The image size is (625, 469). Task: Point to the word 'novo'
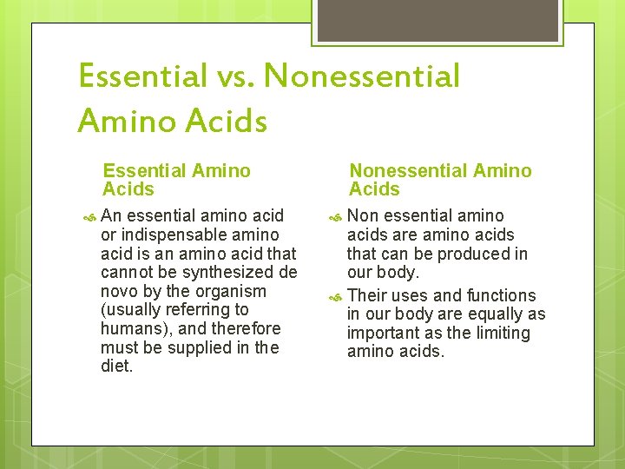(122, 291)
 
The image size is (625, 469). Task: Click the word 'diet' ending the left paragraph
(115, 367)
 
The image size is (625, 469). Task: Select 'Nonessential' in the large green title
(362, 76)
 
